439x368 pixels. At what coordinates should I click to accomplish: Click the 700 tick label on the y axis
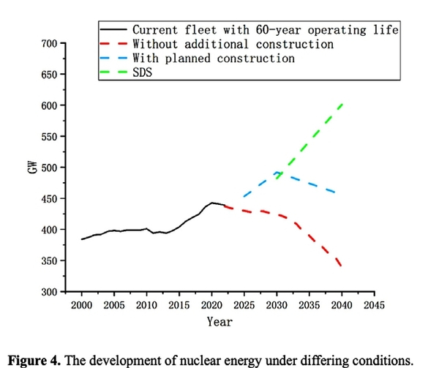(48, 44)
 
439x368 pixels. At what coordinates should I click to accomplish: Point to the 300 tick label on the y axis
(48, 292)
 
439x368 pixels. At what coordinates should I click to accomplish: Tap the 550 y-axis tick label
(48, 137)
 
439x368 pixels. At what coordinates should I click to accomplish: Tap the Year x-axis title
(219, 320)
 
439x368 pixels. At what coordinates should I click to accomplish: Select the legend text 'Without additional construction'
(233, 44)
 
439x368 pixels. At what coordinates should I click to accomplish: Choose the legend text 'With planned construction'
(213, 58)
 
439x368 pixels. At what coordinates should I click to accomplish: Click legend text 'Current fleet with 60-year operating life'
(265, 30)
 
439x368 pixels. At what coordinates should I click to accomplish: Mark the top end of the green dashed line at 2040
(342, 105)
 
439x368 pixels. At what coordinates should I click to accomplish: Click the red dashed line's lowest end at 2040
(342, 266)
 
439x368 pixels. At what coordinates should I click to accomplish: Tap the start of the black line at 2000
(81, 239)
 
